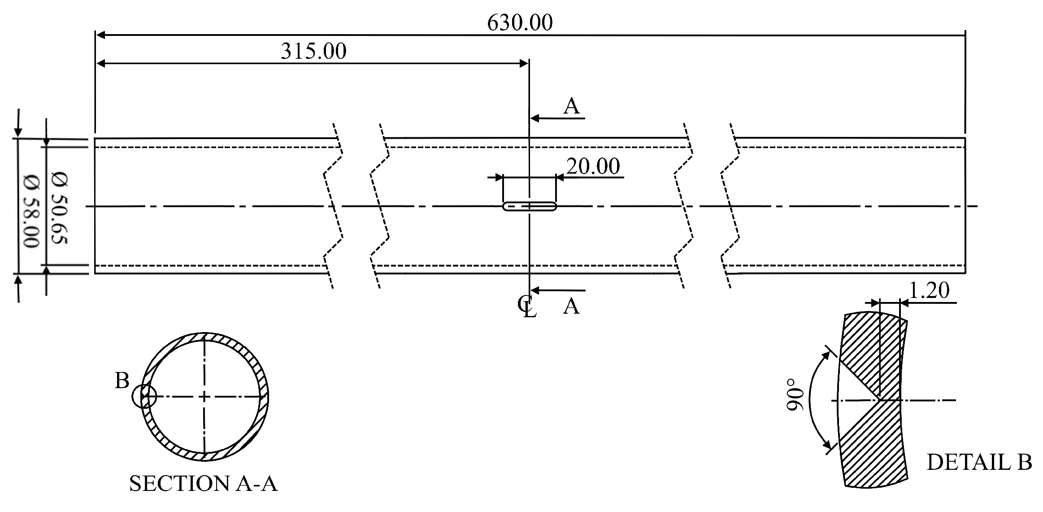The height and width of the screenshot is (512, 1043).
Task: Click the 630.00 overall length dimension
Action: pyautogui.click(x=520, y=23)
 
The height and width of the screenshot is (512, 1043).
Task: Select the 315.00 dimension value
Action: pyautogui.click(x=313, y=51)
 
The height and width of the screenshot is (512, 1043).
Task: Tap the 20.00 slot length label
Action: pyautogui.click(x=593, y=166)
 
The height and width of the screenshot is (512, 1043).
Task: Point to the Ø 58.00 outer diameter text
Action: pyautogui.click(x=31, y=211)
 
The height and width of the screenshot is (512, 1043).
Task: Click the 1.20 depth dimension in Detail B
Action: pyautogui.click(x=929, y=291)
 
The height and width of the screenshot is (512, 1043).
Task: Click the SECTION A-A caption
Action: pyautogui.click(x=203, y=484)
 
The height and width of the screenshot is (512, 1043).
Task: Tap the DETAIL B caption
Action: pyautogui.click(x=979, y=463)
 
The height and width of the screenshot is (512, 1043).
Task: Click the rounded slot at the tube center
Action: pyautogui.click(x=529, y=206)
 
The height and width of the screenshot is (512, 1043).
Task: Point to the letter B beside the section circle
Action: pyautogui.click(x=122, y=381)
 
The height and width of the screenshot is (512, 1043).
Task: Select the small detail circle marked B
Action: pyautogui.click(x=144, y=397)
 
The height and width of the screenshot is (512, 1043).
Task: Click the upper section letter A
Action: pyautogui.click(x=571, y=107)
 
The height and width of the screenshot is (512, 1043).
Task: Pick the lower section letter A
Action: pyautogui.click(x=571, y=307)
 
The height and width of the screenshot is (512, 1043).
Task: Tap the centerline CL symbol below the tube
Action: pyautogui.click(x=527, y=306)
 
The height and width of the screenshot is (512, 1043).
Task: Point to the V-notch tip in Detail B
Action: pyautogui.click(x=879, y=399)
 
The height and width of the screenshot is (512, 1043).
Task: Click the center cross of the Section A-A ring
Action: pyautogui.click(x=204, y=397)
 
